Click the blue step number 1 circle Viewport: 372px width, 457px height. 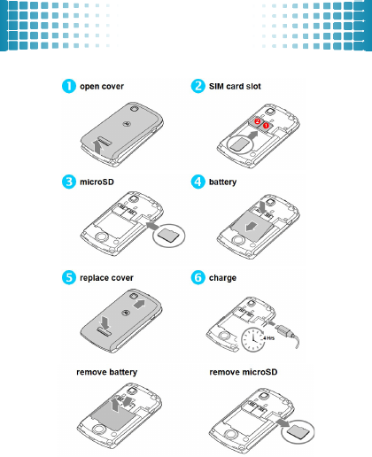pos(69,86)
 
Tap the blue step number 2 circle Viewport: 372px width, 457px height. pos(198,86)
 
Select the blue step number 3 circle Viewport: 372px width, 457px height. pos(69,182)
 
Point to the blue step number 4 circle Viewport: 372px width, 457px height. pos(198,182)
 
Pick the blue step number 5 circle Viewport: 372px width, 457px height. pos(69,277)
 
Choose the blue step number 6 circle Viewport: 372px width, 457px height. pos(198,277)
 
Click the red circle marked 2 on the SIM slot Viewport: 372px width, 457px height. pos(258,121)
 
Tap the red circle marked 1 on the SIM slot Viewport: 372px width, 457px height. pos(266,125)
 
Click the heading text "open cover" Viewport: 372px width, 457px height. pos(102,87)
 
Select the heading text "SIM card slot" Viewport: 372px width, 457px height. pos(235,86)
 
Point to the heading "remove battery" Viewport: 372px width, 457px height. pos(107,372)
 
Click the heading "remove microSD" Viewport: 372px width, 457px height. pos(244,372)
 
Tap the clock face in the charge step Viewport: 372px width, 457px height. pos(253,340)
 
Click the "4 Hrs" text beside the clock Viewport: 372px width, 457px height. pos(268,338)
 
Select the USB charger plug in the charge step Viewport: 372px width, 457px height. pos(283,330)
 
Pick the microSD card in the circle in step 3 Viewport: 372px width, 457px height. pos(168,235)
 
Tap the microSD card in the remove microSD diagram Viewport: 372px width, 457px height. pos(298,432)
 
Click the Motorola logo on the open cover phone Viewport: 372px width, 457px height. pos(127,123)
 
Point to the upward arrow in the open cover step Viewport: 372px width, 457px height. pos(97,147)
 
